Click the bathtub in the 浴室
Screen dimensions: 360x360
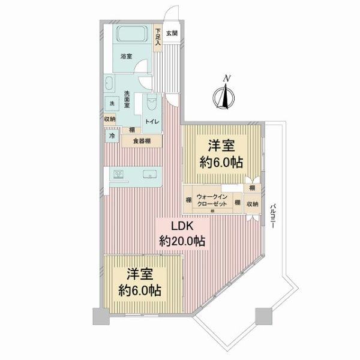click(133, 34)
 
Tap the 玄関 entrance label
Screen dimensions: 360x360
click(172, 33)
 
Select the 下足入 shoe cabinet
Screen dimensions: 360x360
click(158, 38)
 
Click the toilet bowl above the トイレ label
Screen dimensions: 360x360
click(151, 103)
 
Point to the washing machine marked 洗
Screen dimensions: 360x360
click(112, 103)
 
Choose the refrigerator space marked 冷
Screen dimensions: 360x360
click(112, 136)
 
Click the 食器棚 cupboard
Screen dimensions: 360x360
click(142, 141)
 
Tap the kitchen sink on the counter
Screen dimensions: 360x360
click(150, 174)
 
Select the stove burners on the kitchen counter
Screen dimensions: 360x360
click(118, 174)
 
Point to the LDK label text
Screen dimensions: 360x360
click(183, 226)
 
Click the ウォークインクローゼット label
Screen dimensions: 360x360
click(212, 200)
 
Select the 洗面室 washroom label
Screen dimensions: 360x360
click(127, 99)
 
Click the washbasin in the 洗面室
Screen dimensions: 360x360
click(109, 83)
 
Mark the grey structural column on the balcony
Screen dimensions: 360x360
click(263, 316)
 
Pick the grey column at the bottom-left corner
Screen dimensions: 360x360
click(101, 316)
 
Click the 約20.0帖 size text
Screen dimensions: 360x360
click(182, 241)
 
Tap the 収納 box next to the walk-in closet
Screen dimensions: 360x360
click(253, 204)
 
